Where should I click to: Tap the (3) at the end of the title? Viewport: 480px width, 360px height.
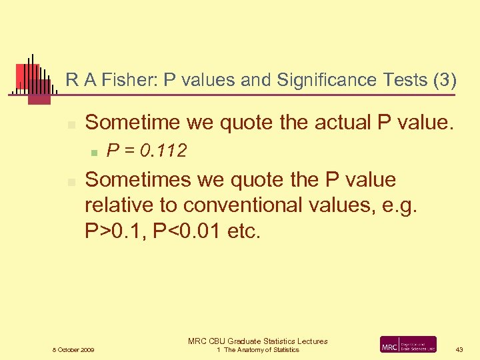444,80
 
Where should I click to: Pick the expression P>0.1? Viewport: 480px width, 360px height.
114,231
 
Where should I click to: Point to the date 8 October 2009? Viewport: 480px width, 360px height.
73,350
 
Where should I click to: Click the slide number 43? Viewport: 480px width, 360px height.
459,350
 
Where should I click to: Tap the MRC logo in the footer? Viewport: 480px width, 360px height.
408,345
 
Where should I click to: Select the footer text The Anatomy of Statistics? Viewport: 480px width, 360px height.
261,350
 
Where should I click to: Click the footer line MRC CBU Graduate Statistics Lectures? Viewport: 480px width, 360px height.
257,341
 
